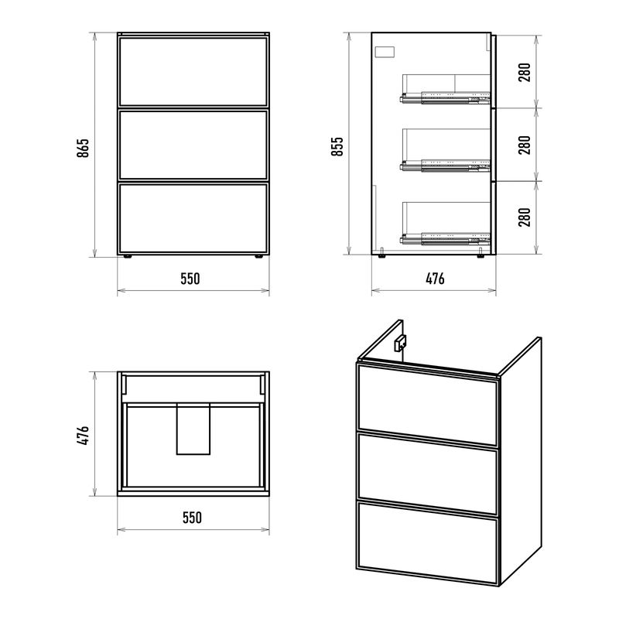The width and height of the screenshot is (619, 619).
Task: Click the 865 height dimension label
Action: pyautogui.click(x=83, y=148)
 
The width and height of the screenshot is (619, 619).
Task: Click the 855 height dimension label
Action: pyautogui.click(x=337, y=146)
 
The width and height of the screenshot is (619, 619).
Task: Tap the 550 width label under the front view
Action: pyautogui.click(x=190, y=279)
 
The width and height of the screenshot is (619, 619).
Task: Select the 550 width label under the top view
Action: pyautogui.click(x=192, y=517)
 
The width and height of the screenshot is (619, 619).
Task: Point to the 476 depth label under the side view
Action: pyautogui.click(x=435, y=279)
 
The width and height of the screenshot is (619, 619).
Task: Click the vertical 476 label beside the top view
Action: pyautogui.click(x=83, y=435)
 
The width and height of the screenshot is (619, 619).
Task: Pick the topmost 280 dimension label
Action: pyautogui.click(x=525, y=72)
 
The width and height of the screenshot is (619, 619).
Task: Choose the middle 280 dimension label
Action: pyautogui.click(x=525, y=145)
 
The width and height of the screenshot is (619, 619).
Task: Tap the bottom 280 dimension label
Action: pyautogui.click(x=525, y=217)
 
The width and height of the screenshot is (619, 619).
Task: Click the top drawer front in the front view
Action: pyautogui.click(x=193, y=71)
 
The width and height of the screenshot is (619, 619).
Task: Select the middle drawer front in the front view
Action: pyautogui.click(x=193, y=145)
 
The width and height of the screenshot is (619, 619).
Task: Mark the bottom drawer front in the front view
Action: pyautogui.click(x=193, y=218)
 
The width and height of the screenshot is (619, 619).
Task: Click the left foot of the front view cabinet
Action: pyautogui.click(x=128, y=256)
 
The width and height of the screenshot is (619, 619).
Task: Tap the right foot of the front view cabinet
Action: pyautogui.click(x=258, y=256)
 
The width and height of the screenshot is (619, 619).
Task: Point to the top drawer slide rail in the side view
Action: pyautogui.click(x=445, y=97)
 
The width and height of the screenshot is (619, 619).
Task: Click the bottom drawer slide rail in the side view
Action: pyautogui.click(x=445, y=238)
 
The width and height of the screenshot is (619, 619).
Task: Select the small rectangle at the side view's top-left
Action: pyautogui.click(x=385, y=52)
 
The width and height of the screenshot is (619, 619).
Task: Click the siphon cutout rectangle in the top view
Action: pyautogui.click(x=193, y=429)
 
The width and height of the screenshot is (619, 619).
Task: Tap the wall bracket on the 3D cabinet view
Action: pyautogui.click(x=400, y=343)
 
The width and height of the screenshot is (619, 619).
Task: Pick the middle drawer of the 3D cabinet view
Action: pyautogui.click(x=427, y=474)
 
